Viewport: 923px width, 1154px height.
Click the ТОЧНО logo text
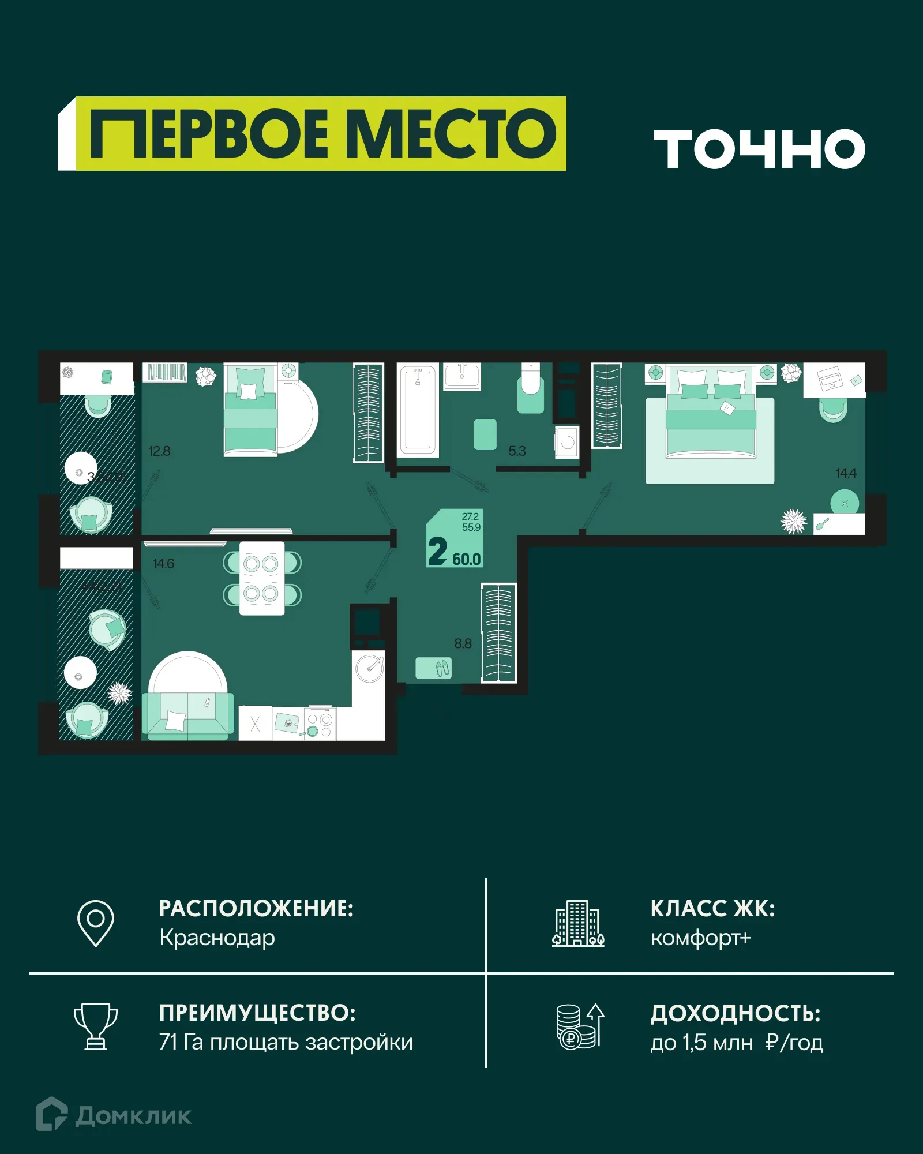759,149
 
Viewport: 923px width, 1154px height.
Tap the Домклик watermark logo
114,1115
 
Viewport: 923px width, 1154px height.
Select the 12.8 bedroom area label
159,451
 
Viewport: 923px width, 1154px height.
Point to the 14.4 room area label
846,473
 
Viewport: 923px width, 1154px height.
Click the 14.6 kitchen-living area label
163,564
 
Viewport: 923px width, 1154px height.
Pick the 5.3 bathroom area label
517,451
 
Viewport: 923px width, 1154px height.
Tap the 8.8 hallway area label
463,643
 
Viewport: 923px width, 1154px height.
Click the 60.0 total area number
466,559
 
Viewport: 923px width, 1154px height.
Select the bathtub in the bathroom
418,409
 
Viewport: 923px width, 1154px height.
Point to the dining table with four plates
262,578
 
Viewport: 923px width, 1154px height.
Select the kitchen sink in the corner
369,668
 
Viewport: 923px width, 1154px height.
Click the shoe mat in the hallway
434,668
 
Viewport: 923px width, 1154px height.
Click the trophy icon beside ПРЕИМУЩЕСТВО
96,1026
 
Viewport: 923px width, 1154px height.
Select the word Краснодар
217,938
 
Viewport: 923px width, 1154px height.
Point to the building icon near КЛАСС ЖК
578,923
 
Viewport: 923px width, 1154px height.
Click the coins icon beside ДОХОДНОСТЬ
579,1026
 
